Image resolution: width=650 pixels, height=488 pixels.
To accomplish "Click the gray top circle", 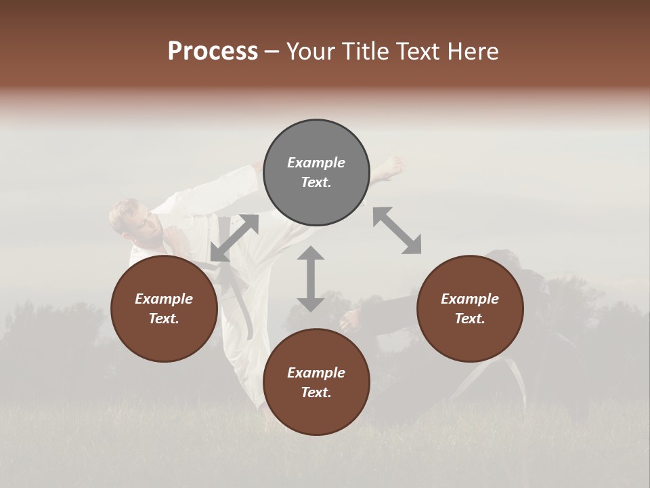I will [316, 173].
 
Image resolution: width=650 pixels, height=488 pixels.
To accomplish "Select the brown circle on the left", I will [164, 308].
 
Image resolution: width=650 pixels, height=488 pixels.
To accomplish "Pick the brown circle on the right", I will [470, 308].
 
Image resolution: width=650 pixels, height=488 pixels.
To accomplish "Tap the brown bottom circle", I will [316, 382].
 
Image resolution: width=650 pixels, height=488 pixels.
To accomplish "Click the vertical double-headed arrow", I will [311, 279].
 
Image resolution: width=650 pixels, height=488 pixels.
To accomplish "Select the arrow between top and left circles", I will [234, 238].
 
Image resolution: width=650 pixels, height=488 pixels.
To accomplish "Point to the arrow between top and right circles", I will [397, 230].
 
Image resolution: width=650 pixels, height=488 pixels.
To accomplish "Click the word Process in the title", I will [213, 52].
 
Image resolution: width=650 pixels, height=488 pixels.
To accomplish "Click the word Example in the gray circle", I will [316, 163].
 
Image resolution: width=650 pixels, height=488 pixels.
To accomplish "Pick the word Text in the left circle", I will [164, 319].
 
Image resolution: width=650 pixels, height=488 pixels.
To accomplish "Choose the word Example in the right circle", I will [470, 299].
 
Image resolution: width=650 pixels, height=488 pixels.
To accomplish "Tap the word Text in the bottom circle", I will [316, 392].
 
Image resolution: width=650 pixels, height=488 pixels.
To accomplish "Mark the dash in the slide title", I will [272, 52].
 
